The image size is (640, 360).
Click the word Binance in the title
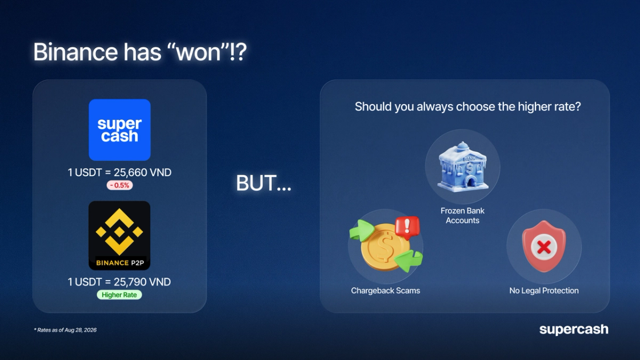[75, 52]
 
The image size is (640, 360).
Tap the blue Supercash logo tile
[119, 130]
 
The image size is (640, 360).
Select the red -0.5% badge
[119, 185]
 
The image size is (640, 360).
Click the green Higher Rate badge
[119, 295]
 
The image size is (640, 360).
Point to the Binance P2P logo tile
[119, 235]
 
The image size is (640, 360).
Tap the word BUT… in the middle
[263, 183]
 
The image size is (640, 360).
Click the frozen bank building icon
[463, 166]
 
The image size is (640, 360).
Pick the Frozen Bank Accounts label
[462, 215]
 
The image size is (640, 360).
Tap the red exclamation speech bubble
[407, 227]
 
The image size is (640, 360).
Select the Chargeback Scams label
[385, 291]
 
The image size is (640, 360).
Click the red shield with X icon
[544, 246]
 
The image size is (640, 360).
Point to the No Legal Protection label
[544, 291]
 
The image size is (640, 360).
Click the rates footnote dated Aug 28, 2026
[65, 330]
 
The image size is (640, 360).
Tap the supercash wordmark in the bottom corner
[574, 329]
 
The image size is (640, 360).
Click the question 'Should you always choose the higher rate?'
[468, 106]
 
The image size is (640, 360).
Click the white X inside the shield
[544, 247]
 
